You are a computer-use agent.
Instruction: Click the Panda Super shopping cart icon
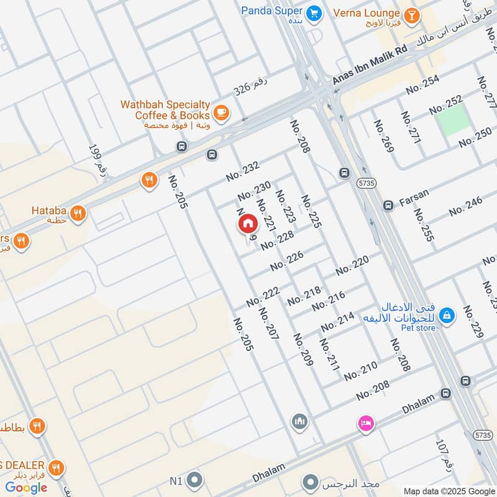click(x=315, y=11)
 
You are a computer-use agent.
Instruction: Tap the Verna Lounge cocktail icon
click(x=411, y=14)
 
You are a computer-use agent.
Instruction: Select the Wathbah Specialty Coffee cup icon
click(x=221, y=112)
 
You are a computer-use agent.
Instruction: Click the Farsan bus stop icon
click(x=388, y=205)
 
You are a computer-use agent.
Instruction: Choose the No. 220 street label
click(x=352, y=265)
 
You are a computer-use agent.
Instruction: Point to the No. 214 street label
click(x=337, y=321)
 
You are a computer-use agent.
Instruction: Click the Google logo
click(x=27, y=488)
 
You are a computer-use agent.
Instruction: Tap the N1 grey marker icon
click(x=195, y=480)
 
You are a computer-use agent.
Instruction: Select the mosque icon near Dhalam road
click(x=299, y=421)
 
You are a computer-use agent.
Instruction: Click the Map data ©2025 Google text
click(x=449, y=491)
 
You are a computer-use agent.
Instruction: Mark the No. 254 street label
click(x=422, y=84)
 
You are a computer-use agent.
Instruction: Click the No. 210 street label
click(x=360, y=371)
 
